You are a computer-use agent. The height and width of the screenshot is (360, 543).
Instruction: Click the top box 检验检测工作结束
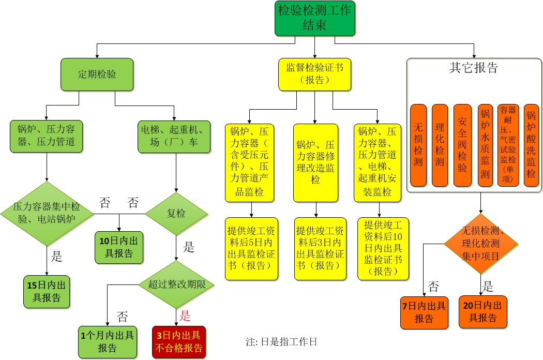point(315,18)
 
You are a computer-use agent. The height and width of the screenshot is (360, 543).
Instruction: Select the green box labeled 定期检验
point(97,74)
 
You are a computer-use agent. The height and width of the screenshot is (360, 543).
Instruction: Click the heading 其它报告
point(474,68)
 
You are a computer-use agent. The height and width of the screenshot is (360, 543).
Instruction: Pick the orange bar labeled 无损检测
point(418,145)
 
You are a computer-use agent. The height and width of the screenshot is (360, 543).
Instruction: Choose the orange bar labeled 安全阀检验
point(462,145)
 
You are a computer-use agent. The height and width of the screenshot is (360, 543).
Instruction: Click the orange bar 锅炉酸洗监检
point(531,145)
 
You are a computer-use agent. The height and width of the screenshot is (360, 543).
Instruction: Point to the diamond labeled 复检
point(176,213)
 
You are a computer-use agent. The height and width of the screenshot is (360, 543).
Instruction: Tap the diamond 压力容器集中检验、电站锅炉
point(47,213)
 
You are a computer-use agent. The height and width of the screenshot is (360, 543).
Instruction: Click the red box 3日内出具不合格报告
point(179,341)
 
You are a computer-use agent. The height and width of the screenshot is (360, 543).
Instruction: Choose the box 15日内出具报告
point(47,292)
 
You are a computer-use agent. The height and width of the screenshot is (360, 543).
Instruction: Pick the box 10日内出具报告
point(119,247)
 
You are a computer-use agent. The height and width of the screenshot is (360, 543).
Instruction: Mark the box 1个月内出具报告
point(107,341)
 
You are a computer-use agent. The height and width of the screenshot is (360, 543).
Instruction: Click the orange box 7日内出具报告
point(424,312)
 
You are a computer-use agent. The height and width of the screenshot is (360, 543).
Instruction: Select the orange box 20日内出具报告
point(483,312)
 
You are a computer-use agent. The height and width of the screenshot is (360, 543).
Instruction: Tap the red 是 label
point(185,316)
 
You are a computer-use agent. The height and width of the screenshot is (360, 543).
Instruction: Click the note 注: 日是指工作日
point(281,341)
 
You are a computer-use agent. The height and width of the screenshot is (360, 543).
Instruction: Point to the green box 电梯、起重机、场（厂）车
point(175,137)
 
